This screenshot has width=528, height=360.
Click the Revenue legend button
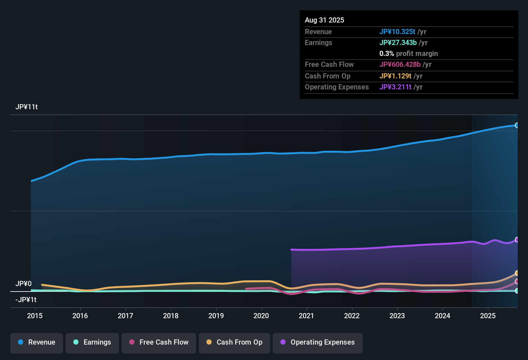pos(37,342)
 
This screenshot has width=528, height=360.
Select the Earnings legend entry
pos(92,342)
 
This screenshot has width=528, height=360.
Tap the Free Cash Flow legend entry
pos(159,342)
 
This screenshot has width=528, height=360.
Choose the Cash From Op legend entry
pos(234,342)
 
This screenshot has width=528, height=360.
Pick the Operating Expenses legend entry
pos(318,342)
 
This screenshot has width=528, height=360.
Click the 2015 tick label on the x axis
pos(35,316)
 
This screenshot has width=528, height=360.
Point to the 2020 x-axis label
pos(261,316)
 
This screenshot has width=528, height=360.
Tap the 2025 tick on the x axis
pos(488,316)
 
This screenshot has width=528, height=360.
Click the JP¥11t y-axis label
pos(27,107)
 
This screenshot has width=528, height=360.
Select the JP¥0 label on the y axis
pos(23,284)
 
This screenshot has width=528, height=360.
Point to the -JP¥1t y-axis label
pos(26,300)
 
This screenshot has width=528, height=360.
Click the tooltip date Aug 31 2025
pos(324,20)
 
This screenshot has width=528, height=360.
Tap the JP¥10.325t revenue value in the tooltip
pos(397,32)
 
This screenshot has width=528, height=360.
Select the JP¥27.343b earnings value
pos(398,43)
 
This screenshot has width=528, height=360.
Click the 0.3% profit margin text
pos(408,54)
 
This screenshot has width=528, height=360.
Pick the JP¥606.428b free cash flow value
pos(400,65)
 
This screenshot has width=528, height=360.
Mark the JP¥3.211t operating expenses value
pos(396,87)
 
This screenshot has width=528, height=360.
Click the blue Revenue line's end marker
pos(517,125)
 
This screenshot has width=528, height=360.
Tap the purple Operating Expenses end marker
pos(517,239)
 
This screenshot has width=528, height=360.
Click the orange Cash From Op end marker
pos(517,273)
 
